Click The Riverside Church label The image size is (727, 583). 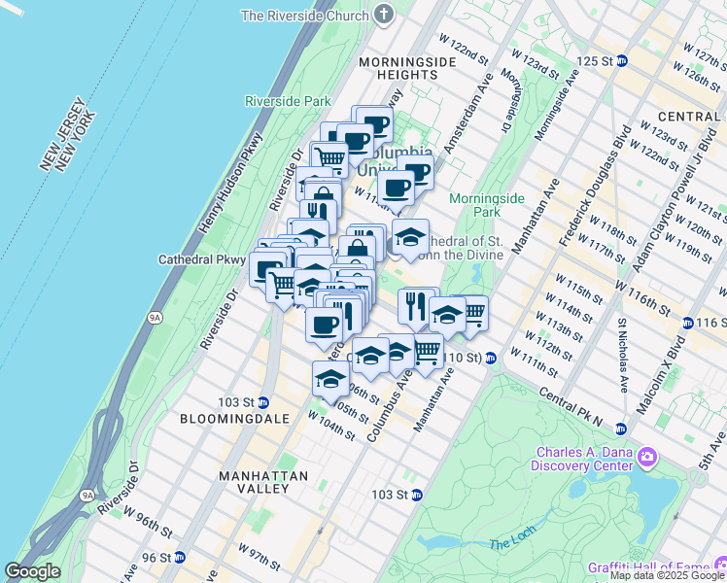[305, 16]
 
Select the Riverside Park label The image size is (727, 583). [288, 101]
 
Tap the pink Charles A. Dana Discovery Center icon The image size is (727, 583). [648, 456]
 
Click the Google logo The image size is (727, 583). [32, 571]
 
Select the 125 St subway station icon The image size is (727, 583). [622, 60]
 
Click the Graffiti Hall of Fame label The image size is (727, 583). [647, 567]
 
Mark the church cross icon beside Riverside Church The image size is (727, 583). [385, 16]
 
